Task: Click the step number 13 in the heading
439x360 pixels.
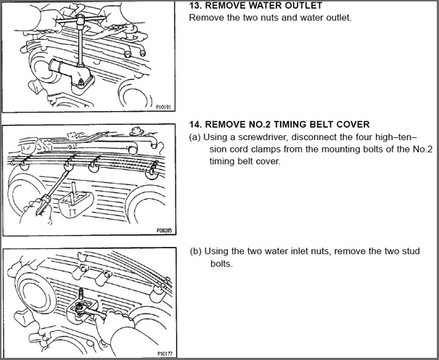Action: (x=194, y=5)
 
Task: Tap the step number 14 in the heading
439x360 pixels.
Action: (x=194, y=124)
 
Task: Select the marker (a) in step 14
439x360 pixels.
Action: (x=194, y=136)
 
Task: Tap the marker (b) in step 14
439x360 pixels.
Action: (x=196, y=251)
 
